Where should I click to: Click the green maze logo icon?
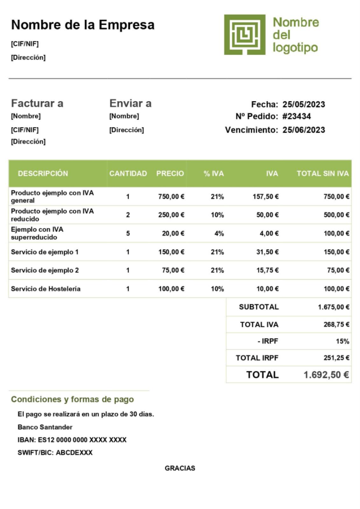coord(244,34)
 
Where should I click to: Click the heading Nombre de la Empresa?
coord(83,25)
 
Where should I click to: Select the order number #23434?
coord(297,116)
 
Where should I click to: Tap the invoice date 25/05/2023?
coord(303,104)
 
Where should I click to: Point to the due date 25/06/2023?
coord(303,130)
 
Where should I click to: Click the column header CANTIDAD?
coord(128,173)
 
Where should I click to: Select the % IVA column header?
coord(214,173)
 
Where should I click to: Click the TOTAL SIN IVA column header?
coord(322,173)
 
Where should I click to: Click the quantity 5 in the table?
coord(128,233)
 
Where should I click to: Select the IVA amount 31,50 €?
coord(265,252)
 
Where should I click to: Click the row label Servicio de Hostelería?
coord(46,289)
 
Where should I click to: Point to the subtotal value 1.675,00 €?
coord(333,307)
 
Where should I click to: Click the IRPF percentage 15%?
coord(342,341)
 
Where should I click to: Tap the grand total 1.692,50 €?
coord(326,374)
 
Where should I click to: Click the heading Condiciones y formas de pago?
coord(72,399)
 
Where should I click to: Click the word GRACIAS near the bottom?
coord(180,468)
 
